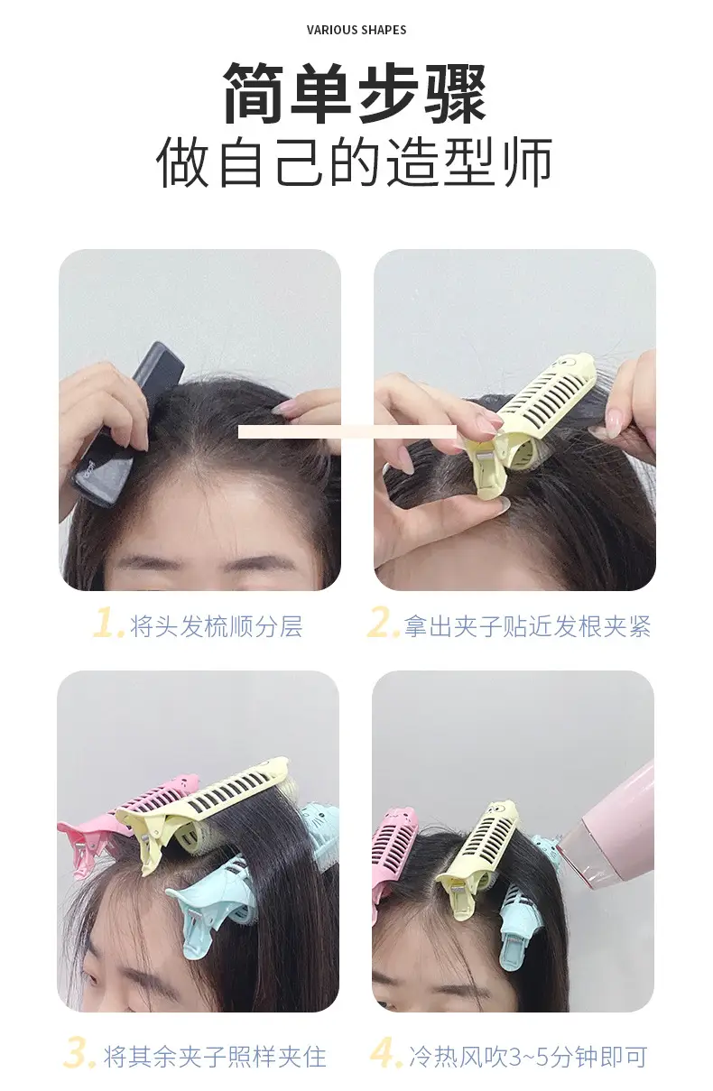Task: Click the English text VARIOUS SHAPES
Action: tap(356, 30)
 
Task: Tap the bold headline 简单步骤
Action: tap(355, 94)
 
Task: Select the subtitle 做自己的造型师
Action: tap(354, 162)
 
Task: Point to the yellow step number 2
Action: tap(384, 622)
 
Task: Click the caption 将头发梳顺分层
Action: tap(217, 626)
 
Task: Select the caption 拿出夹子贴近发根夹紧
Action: tap(527, 626)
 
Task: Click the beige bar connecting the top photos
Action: tap(347, 431)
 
